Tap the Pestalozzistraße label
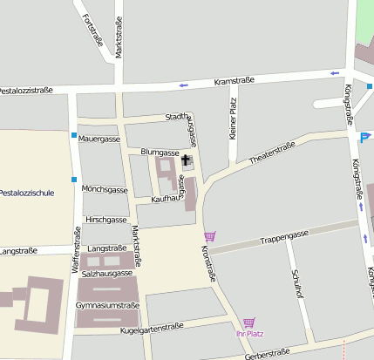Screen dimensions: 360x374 [26, 91]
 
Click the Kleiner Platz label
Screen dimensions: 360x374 [233, 119]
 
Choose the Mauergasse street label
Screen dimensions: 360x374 [99, 139]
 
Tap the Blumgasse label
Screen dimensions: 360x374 [160, 152]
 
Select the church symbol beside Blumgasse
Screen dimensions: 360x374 [185, 160]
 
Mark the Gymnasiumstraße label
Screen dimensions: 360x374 [108, 306]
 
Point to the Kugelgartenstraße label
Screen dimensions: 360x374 [153, 327]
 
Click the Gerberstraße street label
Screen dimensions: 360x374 [267, 353]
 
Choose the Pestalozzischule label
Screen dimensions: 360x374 [27, 192]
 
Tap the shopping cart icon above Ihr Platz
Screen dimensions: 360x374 [249, 323]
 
